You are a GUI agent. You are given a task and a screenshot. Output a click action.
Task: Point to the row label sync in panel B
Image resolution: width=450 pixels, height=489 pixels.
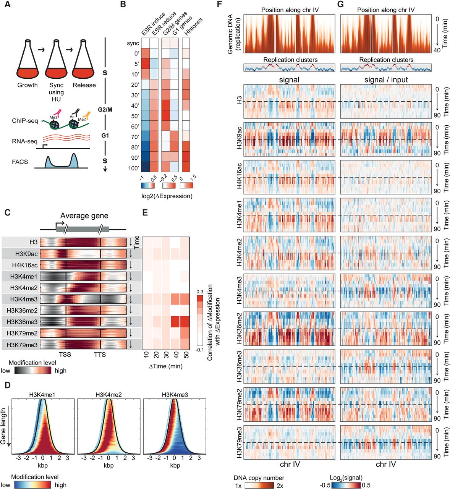tap(133, 43)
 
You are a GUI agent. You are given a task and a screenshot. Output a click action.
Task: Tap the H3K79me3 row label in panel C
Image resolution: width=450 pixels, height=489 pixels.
tap(22, 345)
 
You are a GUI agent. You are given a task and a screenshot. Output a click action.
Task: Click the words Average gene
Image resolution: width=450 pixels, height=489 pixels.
tap(84, 216)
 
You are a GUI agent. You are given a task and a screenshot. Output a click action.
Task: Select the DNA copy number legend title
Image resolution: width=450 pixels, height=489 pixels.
tap(259, 478)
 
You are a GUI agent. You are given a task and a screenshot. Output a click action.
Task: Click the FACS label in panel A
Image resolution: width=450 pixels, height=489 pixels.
tap(20, 162)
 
